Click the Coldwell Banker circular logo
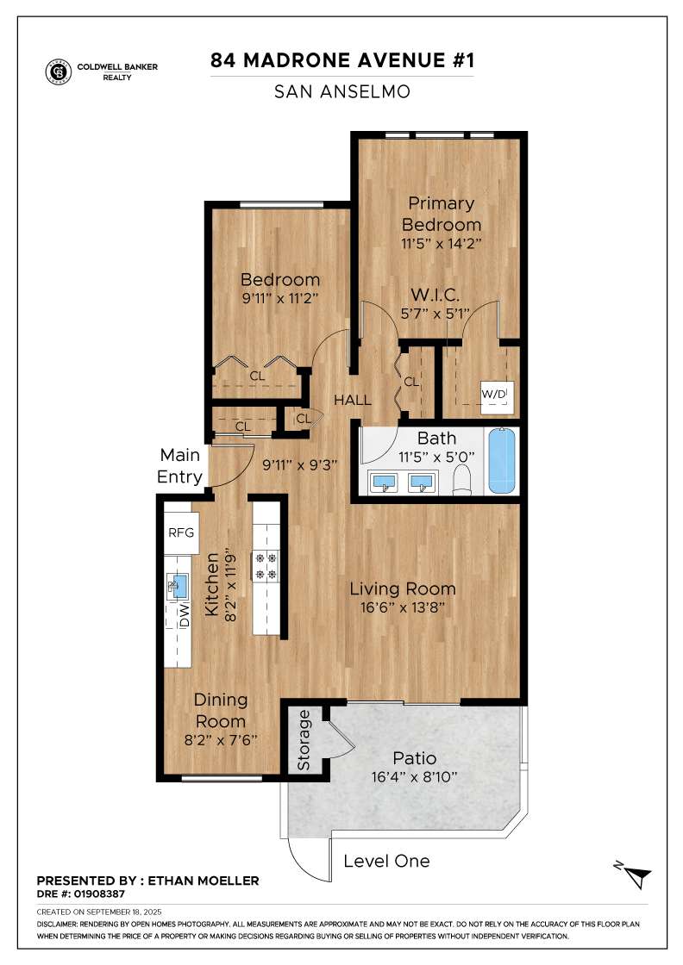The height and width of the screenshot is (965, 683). point(59,72)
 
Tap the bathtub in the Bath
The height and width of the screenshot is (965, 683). point(502,461)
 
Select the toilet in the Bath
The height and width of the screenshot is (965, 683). point(462,479)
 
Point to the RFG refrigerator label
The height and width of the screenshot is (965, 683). point(181,532)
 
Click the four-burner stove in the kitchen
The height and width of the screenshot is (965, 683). point(266,566)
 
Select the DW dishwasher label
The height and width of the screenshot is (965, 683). point(185,615)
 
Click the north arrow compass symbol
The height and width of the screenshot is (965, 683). point(635,875)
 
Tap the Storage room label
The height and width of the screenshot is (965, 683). point(304,740)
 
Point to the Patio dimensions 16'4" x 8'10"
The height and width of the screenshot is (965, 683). point(415,776)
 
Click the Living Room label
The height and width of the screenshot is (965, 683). point(403,589)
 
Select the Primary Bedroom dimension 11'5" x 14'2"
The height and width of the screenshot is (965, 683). point(441,243)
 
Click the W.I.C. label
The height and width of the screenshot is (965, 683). point(435,295)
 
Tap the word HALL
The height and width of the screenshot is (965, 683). point(352,400)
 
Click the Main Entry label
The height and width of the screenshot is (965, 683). point(180,466)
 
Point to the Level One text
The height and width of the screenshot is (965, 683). point(386,861)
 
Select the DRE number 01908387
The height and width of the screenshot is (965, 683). point(99,893)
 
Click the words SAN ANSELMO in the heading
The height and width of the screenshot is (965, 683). point(342,91)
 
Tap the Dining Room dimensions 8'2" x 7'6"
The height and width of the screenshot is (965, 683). point(221,740)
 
